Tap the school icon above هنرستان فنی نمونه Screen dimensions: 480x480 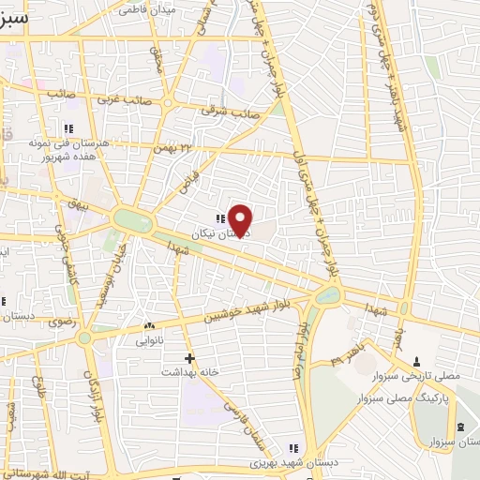click(67, 127)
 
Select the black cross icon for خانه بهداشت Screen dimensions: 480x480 click(189, 358)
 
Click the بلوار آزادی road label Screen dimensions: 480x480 click(91, 384)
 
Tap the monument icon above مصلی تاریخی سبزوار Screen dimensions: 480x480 click(416, 361)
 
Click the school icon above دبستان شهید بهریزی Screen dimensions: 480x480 click(292, 448)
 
